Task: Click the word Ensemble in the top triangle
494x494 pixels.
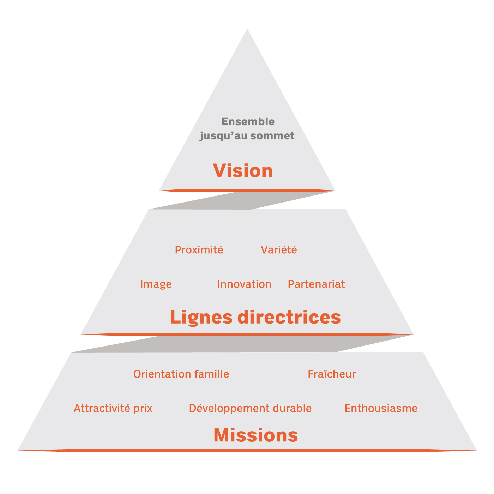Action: point(248,121)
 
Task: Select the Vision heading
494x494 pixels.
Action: point(243,171)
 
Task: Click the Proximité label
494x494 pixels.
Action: point(199,250)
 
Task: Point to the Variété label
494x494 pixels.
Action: point(279,250)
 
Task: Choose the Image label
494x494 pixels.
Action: point(156,284)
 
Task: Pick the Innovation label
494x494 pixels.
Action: point(244,284)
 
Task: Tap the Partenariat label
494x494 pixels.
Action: point(316,284)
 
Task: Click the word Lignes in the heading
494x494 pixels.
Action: point(201,317)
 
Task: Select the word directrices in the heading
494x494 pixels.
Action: point(289,317)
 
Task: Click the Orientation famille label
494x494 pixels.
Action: point(181,374)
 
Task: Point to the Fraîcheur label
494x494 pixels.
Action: point(332,374)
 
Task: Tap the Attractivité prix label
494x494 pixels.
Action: point(113,408)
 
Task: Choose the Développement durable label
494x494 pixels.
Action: point(250,408)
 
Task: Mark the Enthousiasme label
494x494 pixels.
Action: point(381,408)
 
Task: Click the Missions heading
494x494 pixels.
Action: point(256,435)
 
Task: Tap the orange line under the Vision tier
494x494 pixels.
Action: point(247,191)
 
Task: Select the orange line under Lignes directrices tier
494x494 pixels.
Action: point(247,334)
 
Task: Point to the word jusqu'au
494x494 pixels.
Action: point(223,136)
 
